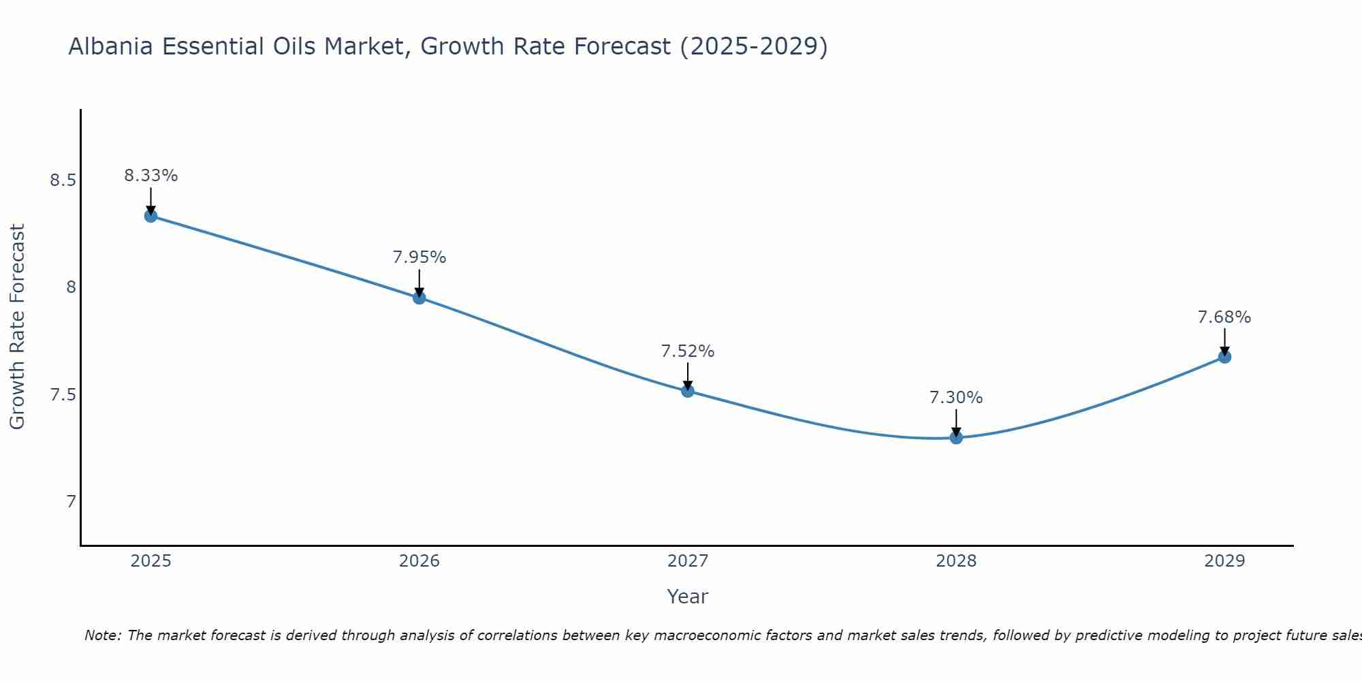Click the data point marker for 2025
(151, 216)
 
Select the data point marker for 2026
(419, 298)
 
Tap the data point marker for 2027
(687, 390)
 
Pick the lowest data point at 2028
(956, 437)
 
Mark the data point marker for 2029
(1224, 357)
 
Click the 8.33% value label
(151, 176)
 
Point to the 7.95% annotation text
(419, 257)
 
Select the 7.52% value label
(687, 351)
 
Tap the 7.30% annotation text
(956, 398)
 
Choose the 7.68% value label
(1224, 317)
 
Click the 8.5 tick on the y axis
(63, 180)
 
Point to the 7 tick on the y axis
(71, 502)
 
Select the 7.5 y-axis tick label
(63, 395)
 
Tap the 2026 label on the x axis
(419, 561)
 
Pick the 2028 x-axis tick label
(956, 561)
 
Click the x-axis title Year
(687, 597)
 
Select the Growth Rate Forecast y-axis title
(18, 327)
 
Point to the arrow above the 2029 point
(1224, 341)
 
